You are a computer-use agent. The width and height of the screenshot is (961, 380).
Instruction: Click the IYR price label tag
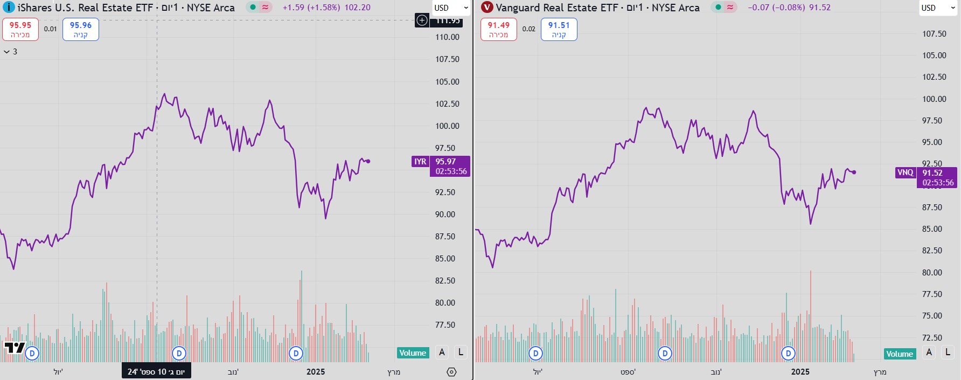pyautogui.click(x=420, y=162)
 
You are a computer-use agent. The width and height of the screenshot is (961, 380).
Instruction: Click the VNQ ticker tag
pyautogui.click(x=906, y=172)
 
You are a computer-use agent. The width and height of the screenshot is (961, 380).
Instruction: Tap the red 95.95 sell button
pyautogui.click(x=20, y=29)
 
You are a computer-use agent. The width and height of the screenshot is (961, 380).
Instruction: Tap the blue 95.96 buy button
pyautogui.click(x=81, y=29)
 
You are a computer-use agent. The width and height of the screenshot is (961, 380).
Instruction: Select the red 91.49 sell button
pyautogui.click(x=499, y=29)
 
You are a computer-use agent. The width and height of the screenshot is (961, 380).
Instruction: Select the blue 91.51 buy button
pyautogui.click(x=559, y=29)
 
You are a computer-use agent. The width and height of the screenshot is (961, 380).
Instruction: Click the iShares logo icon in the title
pyautogui.click(x=9, y=8)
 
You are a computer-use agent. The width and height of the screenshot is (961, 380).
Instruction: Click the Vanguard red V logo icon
pyautogui.click(x=487, y=8)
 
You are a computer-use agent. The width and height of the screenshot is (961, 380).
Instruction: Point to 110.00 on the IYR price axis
pyautogui.click(x=447, y=37)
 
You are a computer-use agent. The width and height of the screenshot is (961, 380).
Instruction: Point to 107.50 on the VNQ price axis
pyautogui.click(x=934, y=33)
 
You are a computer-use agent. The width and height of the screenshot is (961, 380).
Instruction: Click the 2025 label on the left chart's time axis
pyautogui.click(x=316, y=372)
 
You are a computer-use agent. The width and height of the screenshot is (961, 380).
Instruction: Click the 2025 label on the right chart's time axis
pyautogui.click(x=800, y=372)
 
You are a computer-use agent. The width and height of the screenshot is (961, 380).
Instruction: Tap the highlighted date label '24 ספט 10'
pyautogui.click(x=156, y=372)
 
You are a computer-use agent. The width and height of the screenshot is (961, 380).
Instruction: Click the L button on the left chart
pyautogui.click(x=461, y=352)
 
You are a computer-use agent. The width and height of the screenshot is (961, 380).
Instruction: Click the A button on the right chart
pyautogui.click(x=929, y=353)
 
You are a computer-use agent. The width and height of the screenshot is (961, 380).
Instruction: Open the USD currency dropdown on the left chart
pyautogui.click(x=451, y=8)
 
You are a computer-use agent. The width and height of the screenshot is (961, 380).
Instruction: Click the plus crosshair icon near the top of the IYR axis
pyautogui.click(x=422, y=20)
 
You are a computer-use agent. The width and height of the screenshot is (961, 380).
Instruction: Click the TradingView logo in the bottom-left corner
pyautogui.click(x=15, y=348)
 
